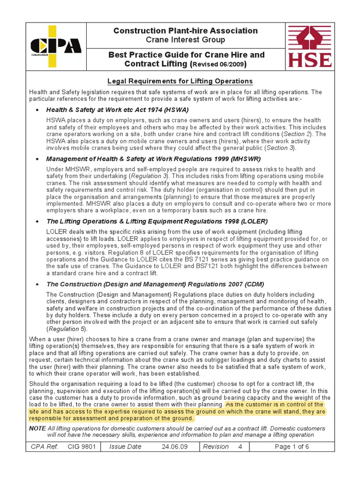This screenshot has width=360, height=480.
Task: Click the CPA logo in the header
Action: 55,46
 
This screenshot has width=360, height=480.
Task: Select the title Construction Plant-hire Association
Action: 185,31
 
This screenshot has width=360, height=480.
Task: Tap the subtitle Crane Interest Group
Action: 185,40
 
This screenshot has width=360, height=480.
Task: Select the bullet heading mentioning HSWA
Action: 117,110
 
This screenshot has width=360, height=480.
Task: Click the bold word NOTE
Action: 37,428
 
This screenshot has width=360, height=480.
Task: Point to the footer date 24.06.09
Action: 174,447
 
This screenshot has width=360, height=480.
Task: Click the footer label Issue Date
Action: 125,447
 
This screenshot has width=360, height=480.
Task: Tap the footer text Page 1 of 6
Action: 292,447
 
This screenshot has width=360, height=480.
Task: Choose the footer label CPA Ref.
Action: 44,447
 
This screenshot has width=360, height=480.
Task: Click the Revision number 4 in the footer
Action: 240,447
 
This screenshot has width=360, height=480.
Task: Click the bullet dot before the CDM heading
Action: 37,285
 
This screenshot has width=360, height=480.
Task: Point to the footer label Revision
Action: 216,447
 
